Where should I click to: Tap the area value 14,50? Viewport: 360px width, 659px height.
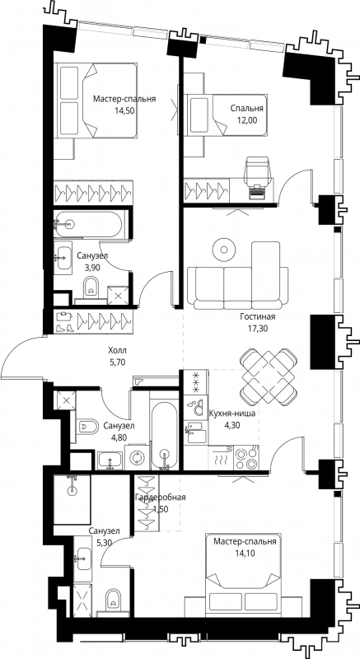point(124,110)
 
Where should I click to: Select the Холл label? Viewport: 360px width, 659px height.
point(117,350)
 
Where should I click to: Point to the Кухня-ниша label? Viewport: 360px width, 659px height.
point(231,414)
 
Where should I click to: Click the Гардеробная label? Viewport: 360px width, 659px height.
point(160,498)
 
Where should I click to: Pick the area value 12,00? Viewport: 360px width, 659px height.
point(246,119)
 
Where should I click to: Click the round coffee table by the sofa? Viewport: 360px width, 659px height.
point(224,250)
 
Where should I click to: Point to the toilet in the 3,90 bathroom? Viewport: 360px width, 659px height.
point(91,287)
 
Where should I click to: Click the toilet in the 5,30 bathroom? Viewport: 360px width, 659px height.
point(113,601)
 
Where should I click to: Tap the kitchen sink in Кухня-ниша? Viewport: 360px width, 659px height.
point(197,432)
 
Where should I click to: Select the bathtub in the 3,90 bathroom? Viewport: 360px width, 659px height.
point(89,224)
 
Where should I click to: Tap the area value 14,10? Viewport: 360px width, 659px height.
point(245,553)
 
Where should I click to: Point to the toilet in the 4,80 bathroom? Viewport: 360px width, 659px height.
point(87,426)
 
